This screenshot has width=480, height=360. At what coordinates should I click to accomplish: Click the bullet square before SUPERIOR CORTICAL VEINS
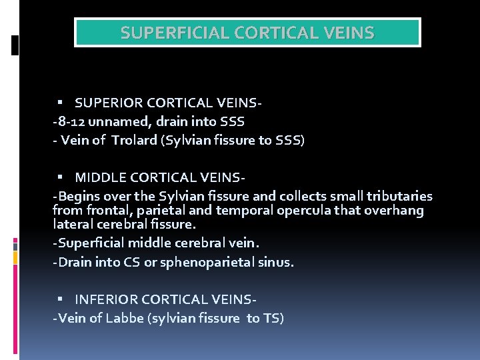pyautogui.click(x=59, y=103)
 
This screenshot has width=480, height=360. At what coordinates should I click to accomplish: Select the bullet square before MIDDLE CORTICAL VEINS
pyautogui.click(x=59, y=177)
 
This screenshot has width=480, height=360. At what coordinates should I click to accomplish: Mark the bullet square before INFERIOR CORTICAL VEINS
pyautogui.click(x=59, y=299)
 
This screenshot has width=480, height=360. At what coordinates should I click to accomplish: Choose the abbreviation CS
pyautogui.click(x=132, y=262)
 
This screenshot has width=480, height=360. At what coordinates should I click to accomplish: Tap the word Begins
pyautogui.click(x=79, y=196)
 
